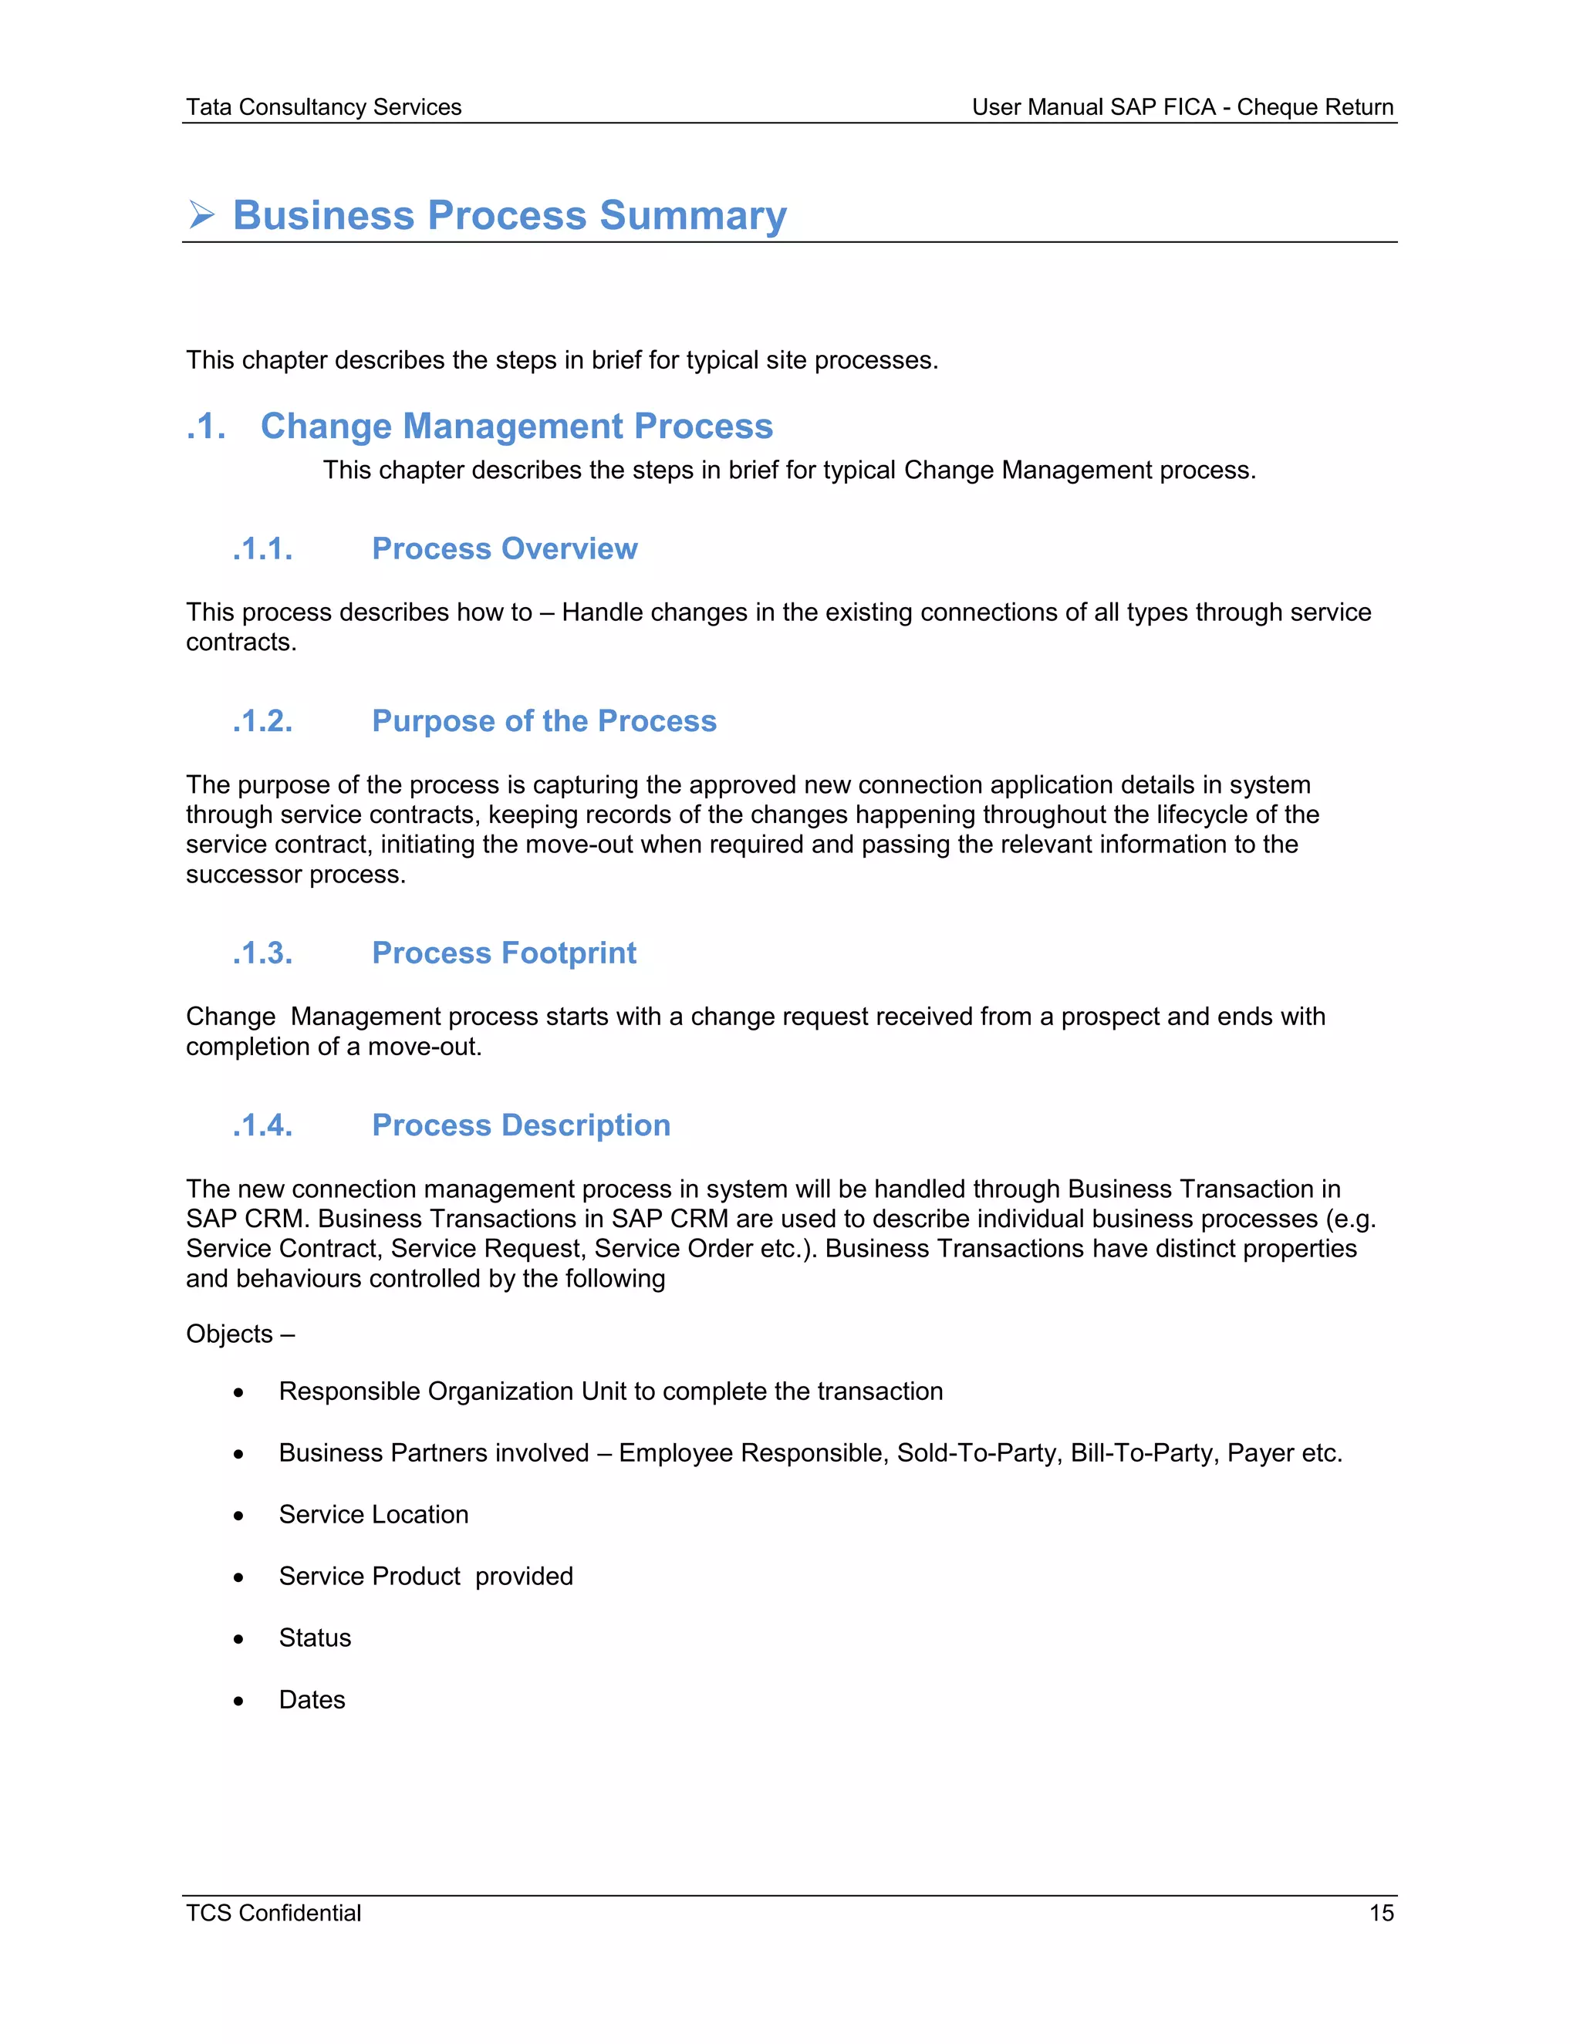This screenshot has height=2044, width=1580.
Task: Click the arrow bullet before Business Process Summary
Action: point(201,214)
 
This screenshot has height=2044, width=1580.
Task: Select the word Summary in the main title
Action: point(693,215)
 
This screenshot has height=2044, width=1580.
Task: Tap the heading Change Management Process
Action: point(516,426)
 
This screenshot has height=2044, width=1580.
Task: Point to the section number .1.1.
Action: point(262,548)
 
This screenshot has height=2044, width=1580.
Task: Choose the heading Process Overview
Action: point(504,548)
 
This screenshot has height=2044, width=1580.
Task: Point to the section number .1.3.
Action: point(262,953)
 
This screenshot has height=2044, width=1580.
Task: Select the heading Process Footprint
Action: point(504,953)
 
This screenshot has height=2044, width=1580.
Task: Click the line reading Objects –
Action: point(240,1334)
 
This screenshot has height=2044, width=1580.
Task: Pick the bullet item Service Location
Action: point(373,1514)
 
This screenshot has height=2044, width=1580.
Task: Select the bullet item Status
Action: point(315,1638)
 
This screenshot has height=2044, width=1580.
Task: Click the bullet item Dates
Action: point(312,1699)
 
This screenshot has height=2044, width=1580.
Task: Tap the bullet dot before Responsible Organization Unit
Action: point(238,1392)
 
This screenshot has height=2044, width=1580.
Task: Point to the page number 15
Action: point(1381,1913)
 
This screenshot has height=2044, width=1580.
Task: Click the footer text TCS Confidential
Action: point(273,1913)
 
